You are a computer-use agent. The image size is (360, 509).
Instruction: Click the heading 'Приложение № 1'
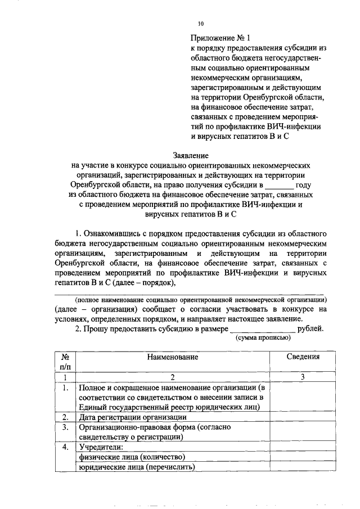[220, 38]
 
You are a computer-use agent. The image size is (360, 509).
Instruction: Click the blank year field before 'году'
[279, 184]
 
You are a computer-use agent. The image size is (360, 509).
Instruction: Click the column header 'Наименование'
[173, 357]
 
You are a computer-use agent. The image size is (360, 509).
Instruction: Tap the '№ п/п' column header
[65, 362]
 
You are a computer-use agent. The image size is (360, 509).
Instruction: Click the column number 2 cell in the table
[173, 377]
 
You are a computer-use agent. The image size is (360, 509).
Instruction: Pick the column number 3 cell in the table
[302, 377]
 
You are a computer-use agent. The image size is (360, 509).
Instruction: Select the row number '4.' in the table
[65, 447]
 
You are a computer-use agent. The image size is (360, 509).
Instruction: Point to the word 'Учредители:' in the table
[101, 447]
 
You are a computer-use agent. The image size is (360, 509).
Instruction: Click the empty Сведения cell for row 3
[302, 432]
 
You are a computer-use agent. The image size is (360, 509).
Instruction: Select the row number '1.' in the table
[65, 388]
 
